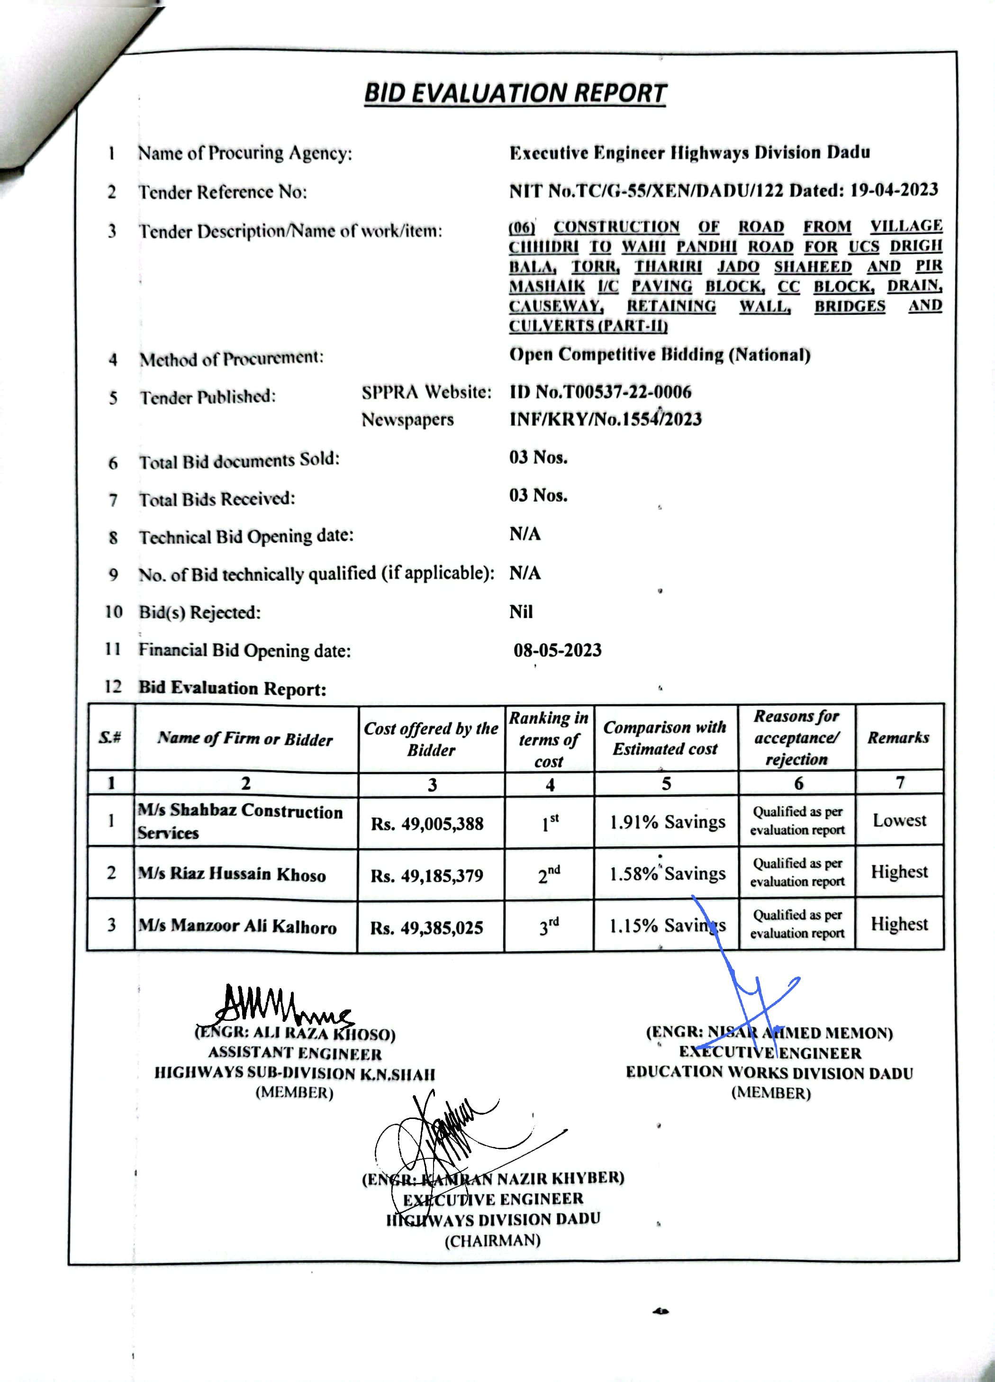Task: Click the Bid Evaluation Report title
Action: [x=515, y=94]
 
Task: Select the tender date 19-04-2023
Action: [x=894, y=190]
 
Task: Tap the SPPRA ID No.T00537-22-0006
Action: [x=600, y=392]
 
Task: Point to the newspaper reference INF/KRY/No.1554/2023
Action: [x=605, y=419]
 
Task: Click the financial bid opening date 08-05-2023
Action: [x=557, y=650]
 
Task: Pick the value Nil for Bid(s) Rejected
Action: [x=521, y=612]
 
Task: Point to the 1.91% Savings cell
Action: [x=667, y=822]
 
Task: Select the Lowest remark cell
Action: [x=899, y=820]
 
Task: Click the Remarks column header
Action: [x=898, y=738]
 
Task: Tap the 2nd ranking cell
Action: [x=549, y=875]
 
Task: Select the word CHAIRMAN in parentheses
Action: [x=492, y=1241]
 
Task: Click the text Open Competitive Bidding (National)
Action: [x=660, y=355]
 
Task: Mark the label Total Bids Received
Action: [x=217, y=500]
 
